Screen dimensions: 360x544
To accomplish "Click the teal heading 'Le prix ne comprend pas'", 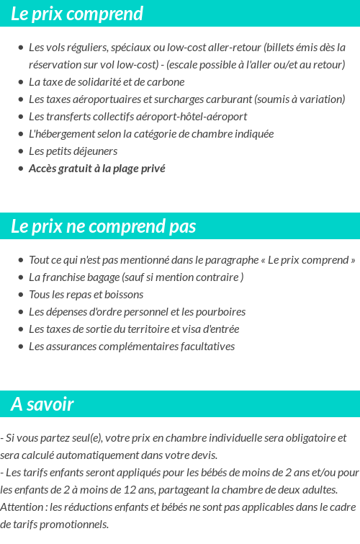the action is [x=103, y=226].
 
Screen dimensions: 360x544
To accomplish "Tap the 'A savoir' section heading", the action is [x=42, y=404].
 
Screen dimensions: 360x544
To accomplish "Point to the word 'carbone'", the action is [x=167, y=82].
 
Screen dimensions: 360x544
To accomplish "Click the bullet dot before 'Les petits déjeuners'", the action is [x=21, y=151].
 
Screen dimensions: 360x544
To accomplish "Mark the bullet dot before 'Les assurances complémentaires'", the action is [x=21, y=347].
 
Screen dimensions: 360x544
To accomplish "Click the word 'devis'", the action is [x=204, y=455].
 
